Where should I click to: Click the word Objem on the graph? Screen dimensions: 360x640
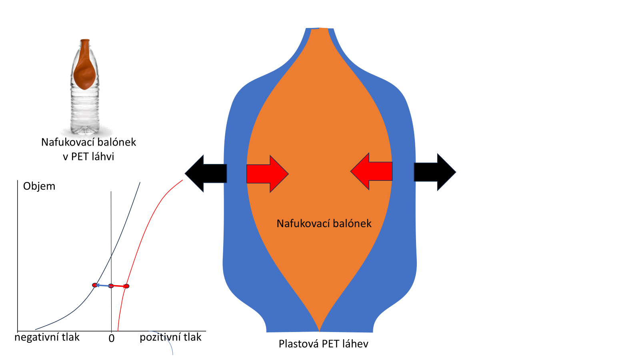(x=39, y=186)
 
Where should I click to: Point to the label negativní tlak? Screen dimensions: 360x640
(x=47, y=337)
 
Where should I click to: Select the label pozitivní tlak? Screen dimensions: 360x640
(x=170, y=337)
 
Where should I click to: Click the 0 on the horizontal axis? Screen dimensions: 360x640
(x=112, y=338)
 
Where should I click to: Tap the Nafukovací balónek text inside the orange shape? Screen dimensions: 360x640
(x=324, y=223)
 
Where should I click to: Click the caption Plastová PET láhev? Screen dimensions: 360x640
(x=323, y=344)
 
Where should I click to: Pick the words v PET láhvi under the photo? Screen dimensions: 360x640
(x=88, y=156)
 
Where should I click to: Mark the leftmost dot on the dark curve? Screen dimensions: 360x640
(x=95, y=285)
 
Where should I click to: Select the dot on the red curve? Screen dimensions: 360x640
(x=126, y=286)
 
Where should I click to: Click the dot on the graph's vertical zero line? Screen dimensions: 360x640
(x=111, y=286)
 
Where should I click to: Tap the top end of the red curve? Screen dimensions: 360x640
(x=182, y=180)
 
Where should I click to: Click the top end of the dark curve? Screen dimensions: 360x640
(x=140, y=182)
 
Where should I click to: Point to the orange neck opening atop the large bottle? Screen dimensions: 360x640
(x=320, y=30)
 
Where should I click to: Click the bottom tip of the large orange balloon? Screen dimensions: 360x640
(x=320, y=330)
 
